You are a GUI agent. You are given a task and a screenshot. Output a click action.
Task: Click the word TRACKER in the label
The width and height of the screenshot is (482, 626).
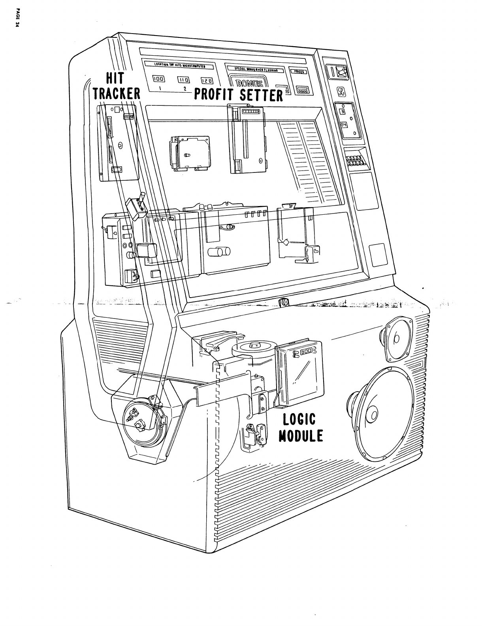[x=117, y=93]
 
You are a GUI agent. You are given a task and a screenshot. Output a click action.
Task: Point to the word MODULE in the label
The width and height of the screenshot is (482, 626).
[x=301, y=436]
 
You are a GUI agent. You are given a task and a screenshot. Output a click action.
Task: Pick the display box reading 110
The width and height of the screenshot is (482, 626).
[x=185, y=80]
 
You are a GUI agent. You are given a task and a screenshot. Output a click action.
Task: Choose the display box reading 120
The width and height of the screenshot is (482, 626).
[x=207, y=80]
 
